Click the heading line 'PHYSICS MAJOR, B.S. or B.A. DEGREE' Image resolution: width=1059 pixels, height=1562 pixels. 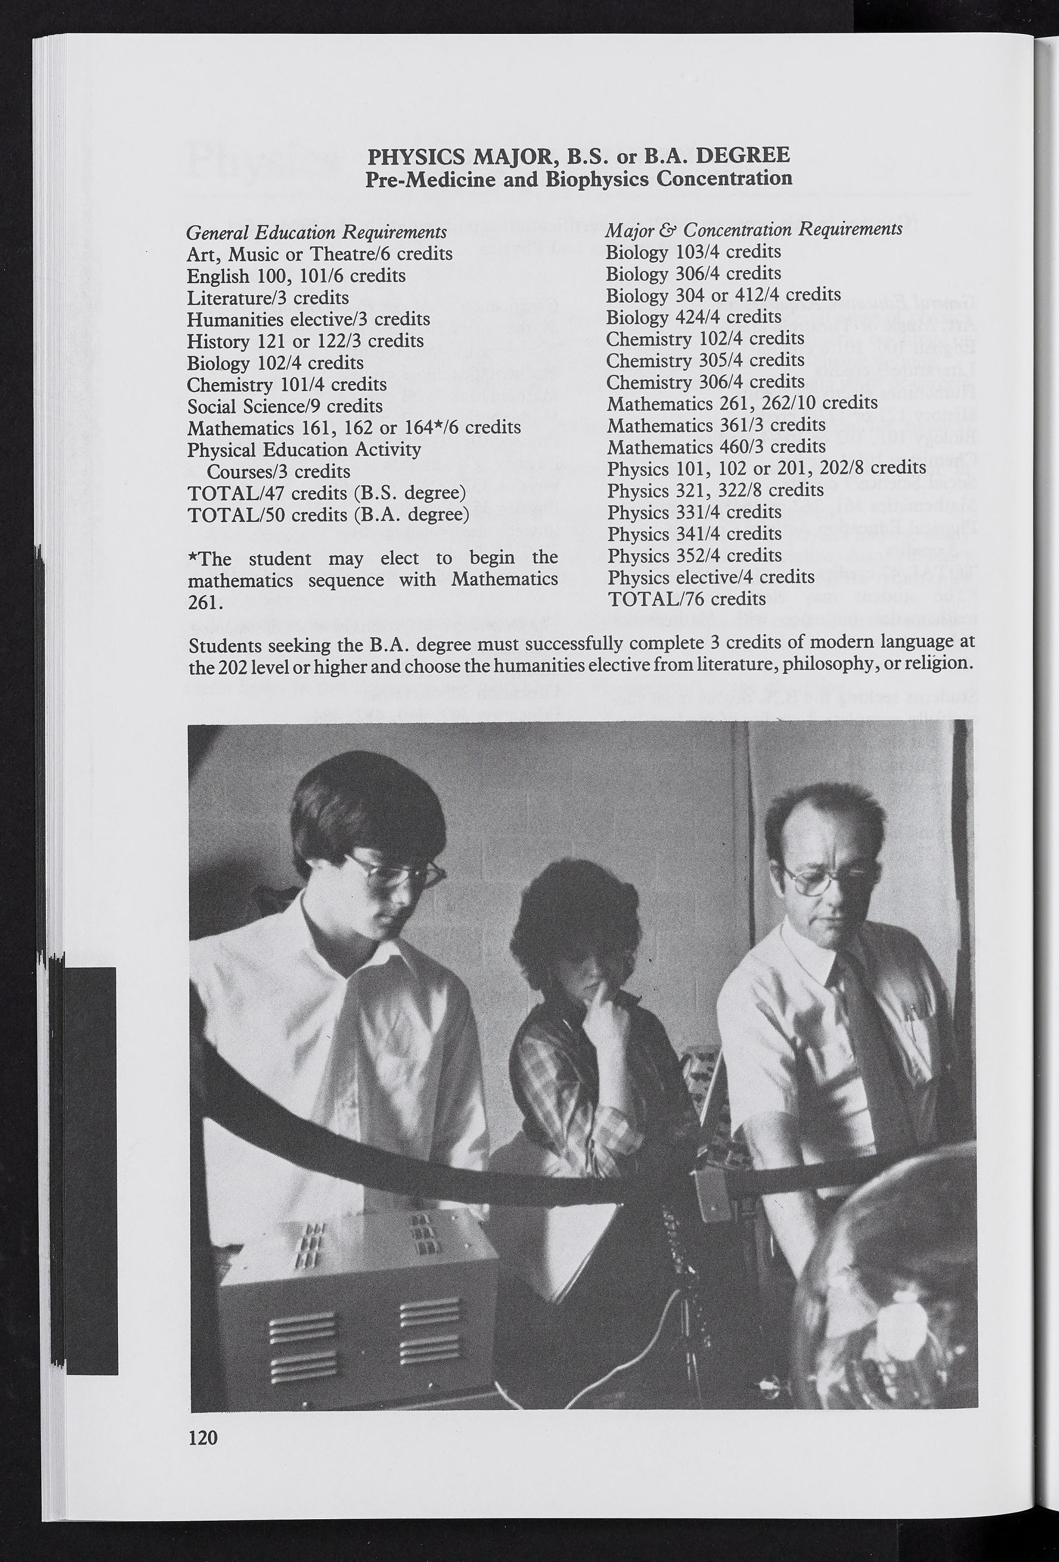click(x=579, y=156)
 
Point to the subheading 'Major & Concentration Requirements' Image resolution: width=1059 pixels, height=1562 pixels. click(x=753, y=230)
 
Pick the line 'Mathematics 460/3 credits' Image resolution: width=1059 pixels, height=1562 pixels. click(x=716, y=446)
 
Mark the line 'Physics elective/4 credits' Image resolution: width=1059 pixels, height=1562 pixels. click(x=711, y=577)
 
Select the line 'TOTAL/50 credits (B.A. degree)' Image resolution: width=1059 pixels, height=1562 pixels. click(x=328, y=515)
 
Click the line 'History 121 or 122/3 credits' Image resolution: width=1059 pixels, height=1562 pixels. click(x=305, y=341)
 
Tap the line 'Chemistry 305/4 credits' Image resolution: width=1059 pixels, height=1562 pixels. click(x=705, y=360)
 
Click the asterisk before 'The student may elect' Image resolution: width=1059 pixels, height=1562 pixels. click(x=192, y=557)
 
